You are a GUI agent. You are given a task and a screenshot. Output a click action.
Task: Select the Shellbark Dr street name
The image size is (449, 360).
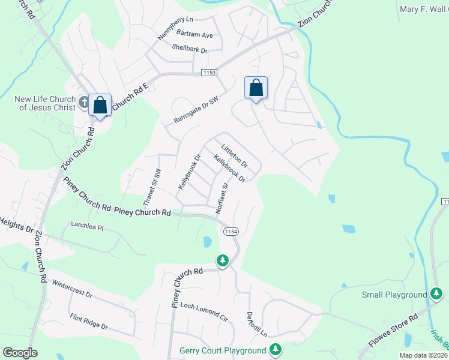pyautogui.click(x=189, y=48)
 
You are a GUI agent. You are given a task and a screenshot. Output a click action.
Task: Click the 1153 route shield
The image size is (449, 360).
pyautogui.click(x=208, y=73)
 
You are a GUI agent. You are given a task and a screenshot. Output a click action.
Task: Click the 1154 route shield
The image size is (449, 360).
pyautogui.click(x=231, y=232)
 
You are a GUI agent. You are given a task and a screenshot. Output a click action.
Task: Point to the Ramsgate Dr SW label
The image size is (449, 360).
pyautogui.click(x=196, y=109)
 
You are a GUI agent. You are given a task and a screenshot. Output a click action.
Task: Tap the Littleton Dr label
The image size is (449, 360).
pyautogui.click(x=234, y=155)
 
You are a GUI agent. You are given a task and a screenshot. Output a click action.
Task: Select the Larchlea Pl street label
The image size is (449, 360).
pyautogui.click(x=88, y=229)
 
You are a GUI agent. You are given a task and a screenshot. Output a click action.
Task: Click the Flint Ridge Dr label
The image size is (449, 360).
pyautogui.click(x=88, y=322)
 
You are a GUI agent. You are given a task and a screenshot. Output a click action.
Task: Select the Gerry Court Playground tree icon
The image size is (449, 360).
pyautogui.click(x=275, y=349)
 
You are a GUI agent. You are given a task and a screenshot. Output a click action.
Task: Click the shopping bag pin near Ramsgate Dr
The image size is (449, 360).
pyautogui.click(x=256, y=89)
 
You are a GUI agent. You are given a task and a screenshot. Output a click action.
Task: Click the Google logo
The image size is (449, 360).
pyautogui.click(x=20, y=353)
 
